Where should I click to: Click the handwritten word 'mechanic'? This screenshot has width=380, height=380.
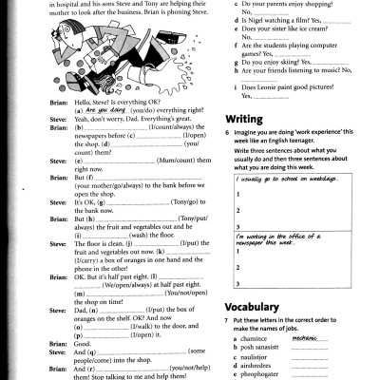(305, 335)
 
